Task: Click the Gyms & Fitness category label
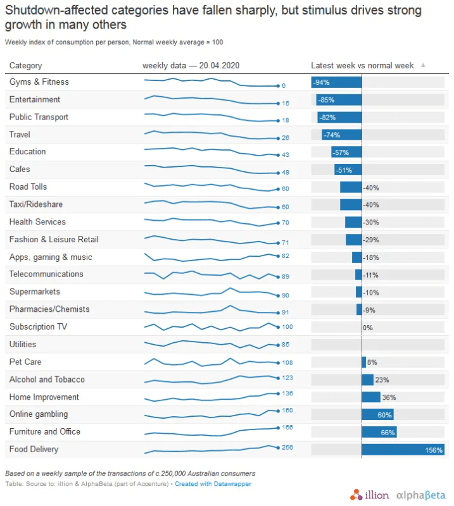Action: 39,82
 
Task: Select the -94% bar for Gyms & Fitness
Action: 336,82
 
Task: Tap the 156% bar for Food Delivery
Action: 403,450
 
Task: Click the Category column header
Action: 26,66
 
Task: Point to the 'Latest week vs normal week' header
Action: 362,66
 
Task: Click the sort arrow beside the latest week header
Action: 423,65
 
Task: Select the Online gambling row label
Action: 39,414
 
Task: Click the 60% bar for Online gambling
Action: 377,415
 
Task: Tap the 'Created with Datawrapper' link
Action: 213,484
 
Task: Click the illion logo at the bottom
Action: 369,494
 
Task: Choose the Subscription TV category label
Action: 38,327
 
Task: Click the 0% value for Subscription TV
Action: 367,328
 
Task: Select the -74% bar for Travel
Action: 342,135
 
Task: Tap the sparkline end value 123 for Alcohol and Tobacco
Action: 287,378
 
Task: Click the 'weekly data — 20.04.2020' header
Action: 191,66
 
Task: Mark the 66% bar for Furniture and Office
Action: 379,433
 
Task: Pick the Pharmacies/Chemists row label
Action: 49,309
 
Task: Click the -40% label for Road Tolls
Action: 371,188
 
